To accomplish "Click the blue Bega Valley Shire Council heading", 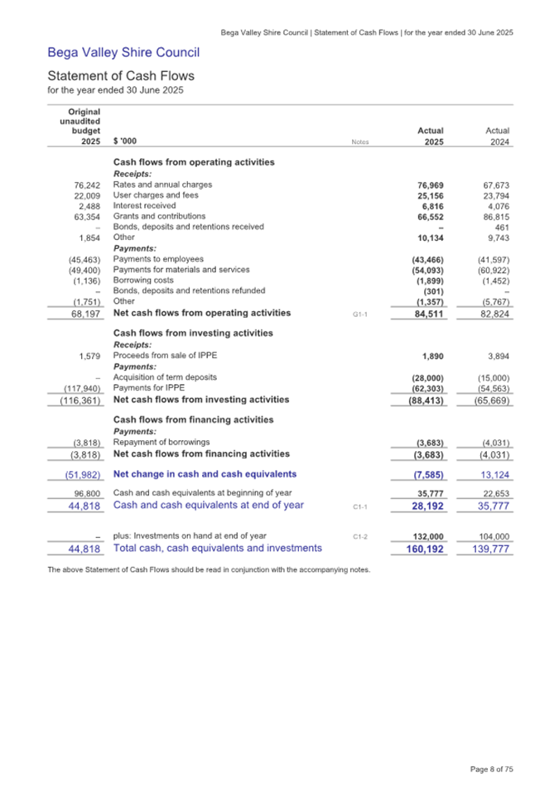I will [x=123, y=54].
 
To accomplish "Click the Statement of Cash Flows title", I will [x=121, y=76].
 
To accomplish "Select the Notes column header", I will [x=359, y=142].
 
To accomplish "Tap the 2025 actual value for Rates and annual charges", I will [x=428, y=185].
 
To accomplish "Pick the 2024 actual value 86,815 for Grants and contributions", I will [x=492, y=216].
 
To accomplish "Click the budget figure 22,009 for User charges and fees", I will [x=84, y=195].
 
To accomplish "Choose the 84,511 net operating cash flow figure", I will [x=426, y=314].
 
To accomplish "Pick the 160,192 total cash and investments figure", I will [x=422, y=548].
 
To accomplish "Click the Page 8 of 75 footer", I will [x=491, y=769].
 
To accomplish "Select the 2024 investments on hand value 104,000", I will [x=492, y=536].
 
